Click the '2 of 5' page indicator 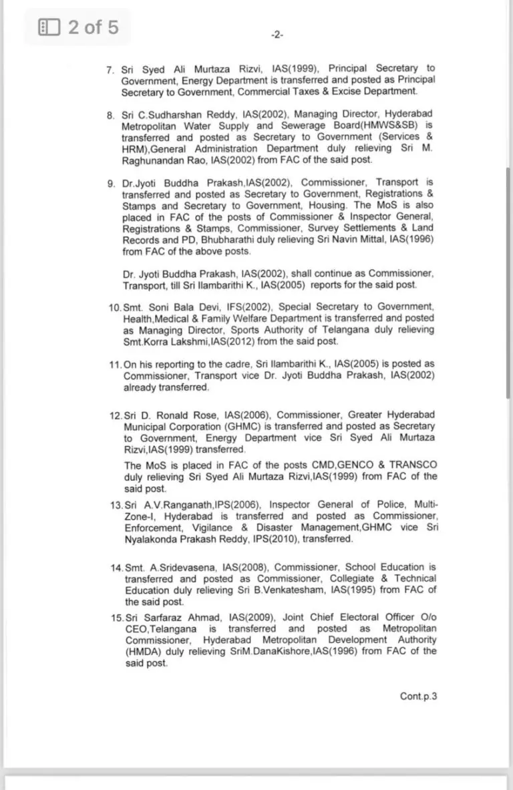point(93,27)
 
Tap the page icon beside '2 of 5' point(49,27)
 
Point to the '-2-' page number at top point(277,35)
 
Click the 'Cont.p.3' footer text point(418,696)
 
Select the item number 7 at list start point(110,69)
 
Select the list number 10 point(114,307)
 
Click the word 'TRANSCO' point(413,465)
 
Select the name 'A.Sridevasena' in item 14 point(169,567)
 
